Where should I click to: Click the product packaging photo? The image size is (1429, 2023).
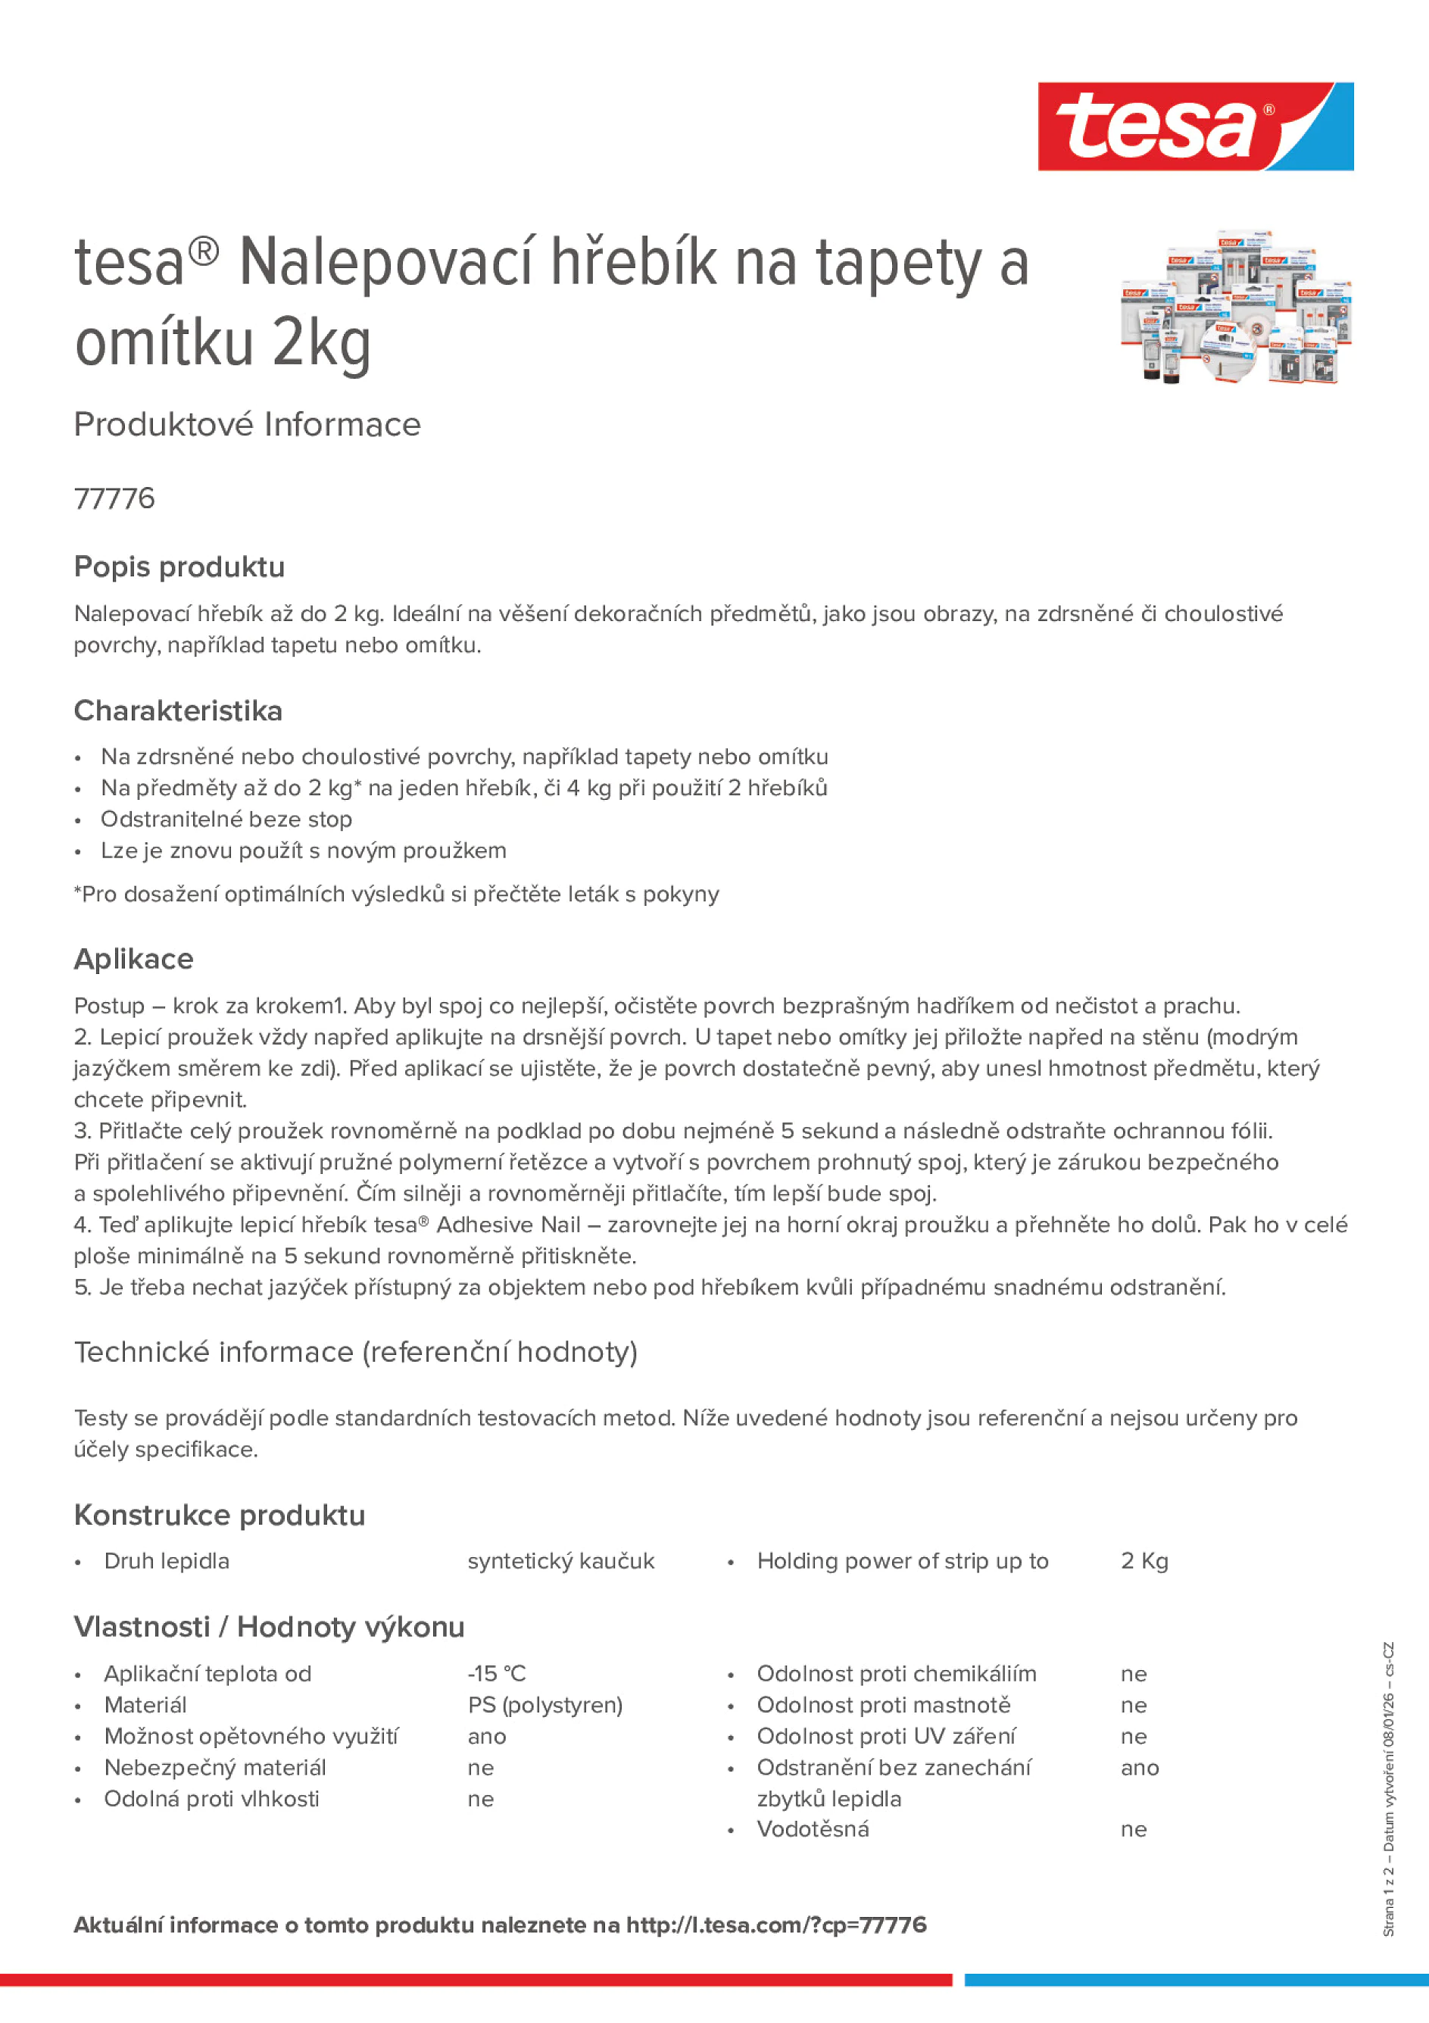(1235, 308)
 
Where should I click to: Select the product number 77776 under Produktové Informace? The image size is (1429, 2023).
(114, 498)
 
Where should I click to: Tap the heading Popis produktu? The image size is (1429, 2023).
(179, 567)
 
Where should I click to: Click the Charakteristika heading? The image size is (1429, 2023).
(178, 710)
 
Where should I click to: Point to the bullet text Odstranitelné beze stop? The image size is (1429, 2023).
(226, 819)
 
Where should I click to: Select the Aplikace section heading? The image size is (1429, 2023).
(134, 959)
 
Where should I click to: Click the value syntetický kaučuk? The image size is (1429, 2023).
(561, 1560)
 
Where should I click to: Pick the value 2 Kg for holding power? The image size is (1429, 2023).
(1144, 1560)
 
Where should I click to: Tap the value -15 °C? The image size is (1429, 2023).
(497, 1673)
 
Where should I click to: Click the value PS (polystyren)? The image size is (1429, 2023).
(545, 1704)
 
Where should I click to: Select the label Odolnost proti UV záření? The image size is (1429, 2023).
(885, 1736)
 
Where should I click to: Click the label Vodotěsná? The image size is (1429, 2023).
(813, 1828)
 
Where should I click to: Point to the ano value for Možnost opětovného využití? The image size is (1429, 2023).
(487, 1736)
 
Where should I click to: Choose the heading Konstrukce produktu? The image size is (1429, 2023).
(220, 1515)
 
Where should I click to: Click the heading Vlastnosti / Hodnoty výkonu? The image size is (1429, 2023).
(269, 1627)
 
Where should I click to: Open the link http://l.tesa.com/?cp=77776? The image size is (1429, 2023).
(776, 1925)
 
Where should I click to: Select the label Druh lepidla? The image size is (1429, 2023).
(167, 1560)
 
